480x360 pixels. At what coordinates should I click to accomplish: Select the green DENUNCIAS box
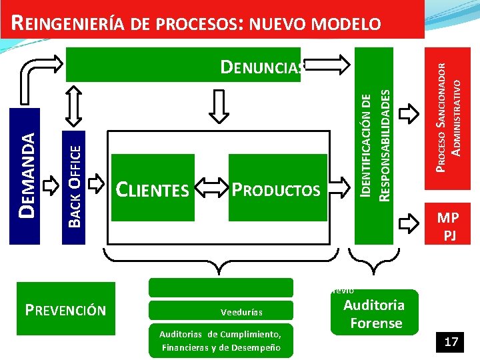[183, 64]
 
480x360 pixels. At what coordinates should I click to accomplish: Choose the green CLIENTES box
[153, 188]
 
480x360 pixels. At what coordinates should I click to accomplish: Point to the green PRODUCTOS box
[277, 188]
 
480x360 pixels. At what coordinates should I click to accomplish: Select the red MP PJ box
[447, 225]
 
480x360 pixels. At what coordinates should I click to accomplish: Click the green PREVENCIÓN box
[65, 310]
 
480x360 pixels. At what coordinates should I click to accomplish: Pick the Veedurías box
[220, 311]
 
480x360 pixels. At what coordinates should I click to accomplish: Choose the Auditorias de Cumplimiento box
[220, 341]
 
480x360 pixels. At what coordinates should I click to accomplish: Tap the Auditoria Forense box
[373, 314]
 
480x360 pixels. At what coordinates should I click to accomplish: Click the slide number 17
[451, 342]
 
